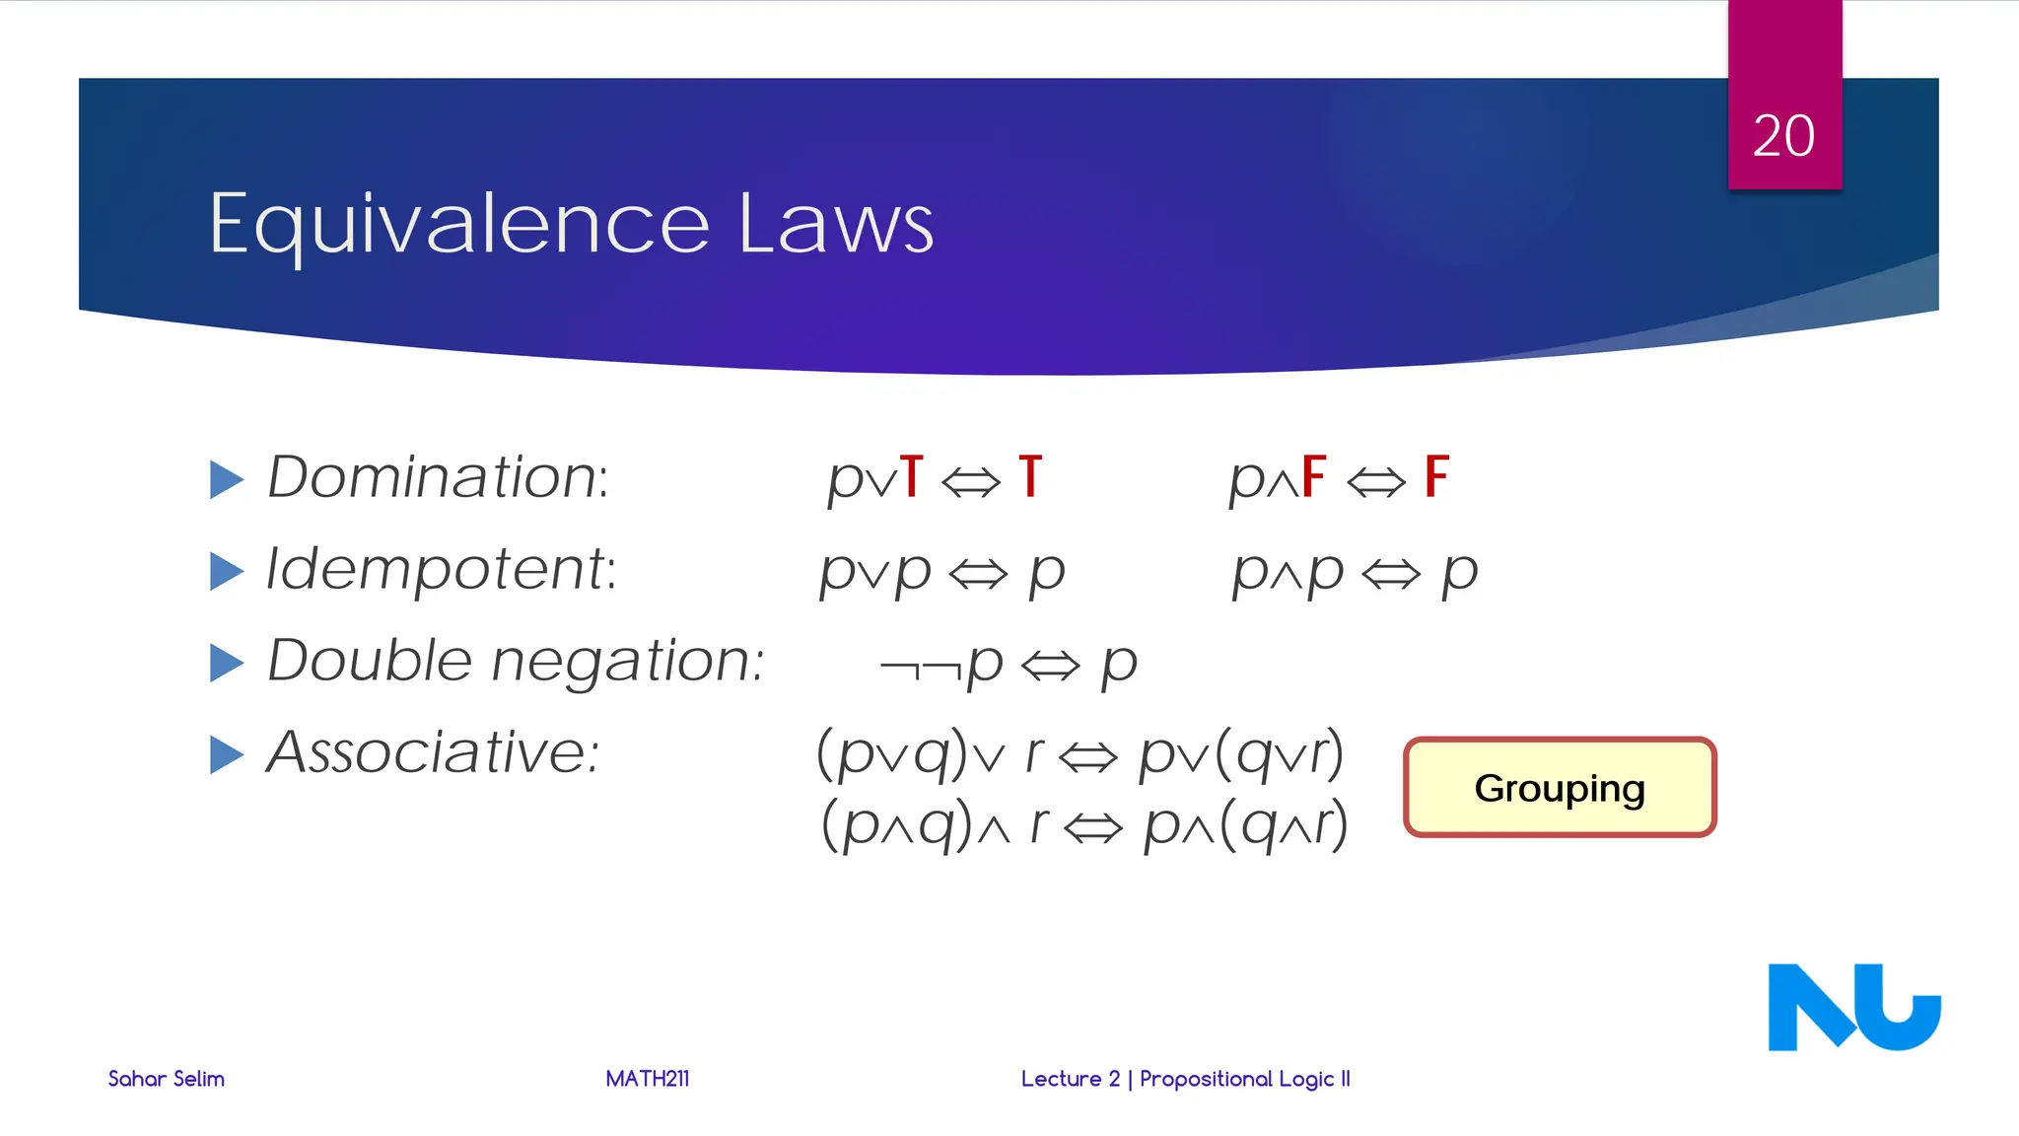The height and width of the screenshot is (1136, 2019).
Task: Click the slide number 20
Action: pos(1783,136)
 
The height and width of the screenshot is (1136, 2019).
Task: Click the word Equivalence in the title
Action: pos(458,225)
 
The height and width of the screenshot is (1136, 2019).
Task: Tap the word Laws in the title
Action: pos(835,225)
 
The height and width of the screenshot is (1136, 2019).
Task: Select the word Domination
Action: pos(438,477)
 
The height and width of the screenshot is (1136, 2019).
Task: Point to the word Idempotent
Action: pos(441,570)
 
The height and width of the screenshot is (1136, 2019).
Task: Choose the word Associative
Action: pos(433,752)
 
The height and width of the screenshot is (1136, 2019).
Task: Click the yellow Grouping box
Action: pos(1560,788)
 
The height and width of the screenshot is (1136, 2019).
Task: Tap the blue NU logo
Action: pos(1853,1007)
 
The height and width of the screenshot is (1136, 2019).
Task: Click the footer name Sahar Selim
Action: pos(166,1079)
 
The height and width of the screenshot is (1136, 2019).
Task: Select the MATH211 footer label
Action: pos(648,1079)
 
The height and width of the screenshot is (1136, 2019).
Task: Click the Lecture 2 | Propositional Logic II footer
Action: pos(1185,1079)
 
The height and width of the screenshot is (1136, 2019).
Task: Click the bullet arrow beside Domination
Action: pos(227,479)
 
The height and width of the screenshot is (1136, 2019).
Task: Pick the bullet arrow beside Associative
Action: pos(227,754)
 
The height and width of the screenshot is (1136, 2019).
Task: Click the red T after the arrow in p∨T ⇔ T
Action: pos(1030,477)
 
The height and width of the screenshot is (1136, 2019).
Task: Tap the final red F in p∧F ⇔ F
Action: pos(1436,477)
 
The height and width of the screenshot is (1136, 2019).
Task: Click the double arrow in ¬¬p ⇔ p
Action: pos(1051,667)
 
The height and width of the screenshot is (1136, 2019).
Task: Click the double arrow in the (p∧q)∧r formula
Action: pos(1094,828)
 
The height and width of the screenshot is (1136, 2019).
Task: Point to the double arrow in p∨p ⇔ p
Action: pos(978,574)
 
